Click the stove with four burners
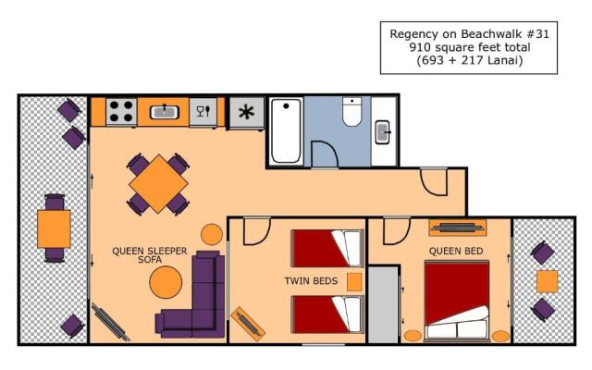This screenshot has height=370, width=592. click(121, 112)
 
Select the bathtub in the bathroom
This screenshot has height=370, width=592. click(288, 130)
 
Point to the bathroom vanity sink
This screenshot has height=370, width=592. click(383, 131)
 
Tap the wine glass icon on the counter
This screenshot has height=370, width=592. click(202, 112)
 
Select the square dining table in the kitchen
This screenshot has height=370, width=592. click(159, 184)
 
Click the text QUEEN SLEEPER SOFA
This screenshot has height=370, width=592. click(150, 255)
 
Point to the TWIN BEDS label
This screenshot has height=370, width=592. click(310, 280)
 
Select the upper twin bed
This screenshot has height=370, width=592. click(327, 248)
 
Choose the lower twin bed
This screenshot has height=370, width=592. click(327, 314)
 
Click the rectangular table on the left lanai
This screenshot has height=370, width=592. click(54, 228)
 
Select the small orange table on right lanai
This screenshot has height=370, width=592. click(548, 280)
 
